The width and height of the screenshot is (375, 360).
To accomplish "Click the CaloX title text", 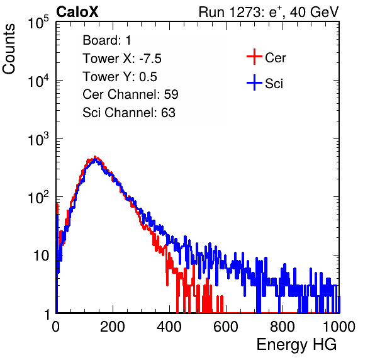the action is click(77, 12).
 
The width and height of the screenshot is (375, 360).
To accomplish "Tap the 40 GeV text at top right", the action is click(314, 12).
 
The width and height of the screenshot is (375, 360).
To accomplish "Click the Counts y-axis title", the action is click(9, 49).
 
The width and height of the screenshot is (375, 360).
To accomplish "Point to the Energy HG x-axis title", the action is click(296, 344).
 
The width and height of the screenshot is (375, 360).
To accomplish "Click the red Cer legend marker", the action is click(254, 57).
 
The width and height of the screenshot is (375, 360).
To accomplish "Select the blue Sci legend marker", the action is click(254, 82).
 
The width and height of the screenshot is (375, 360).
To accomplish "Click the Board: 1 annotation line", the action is click(107, 40).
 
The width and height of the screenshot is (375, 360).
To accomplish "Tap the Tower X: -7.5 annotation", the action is click(122, 59).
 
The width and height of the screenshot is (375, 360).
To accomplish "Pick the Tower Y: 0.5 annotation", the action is click(120, 77).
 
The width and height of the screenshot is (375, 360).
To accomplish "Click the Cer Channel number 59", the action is click(171, 94).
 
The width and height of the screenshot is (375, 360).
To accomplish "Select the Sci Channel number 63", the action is click(168, 113).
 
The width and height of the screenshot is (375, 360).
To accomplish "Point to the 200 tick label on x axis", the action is click(113, 327).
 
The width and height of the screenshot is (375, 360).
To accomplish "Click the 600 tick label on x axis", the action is click(226, 327).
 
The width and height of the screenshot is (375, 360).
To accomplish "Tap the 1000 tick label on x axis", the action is click(339, 327).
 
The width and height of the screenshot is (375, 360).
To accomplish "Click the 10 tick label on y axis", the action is click(42, 256).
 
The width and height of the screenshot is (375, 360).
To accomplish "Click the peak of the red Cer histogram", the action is click(95, 157).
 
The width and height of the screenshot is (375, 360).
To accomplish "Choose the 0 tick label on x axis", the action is click(55, 327).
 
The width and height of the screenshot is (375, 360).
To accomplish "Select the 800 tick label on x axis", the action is click(283, 327).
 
